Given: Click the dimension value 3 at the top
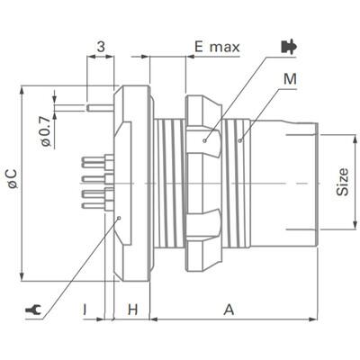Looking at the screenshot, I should [101, 46].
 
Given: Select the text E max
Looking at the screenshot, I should [217, 46].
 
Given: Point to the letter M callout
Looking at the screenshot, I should [289, 79].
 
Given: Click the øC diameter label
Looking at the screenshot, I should [12, 180].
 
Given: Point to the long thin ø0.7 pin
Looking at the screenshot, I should [101, 107].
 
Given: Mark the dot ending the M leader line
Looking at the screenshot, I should [240, 139].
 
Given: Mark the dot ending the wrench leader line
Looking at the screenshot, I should [119, 217].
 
